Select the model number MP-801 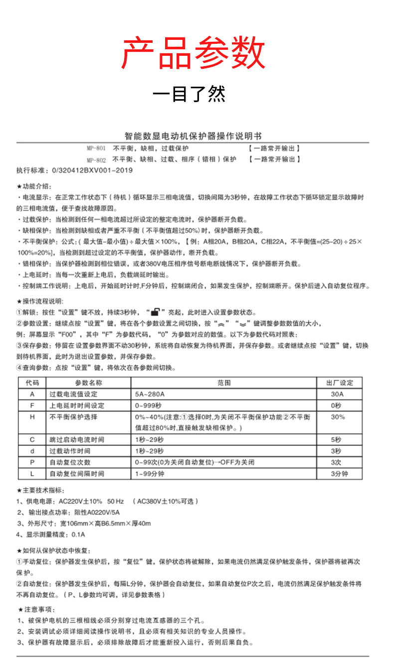click(96, 148)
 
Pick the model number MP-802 click(96, 160)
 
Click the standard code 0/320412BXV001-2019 click(92, 170)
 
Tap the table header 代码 click(32, 383)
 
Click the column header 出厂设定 click(339, 383)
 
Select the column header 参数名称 click(88, 383)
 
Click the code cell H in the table click(32, 417)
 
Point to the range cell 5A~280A click(150, 394)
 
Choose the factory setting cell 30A click(338, 394)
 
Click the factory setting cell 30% click(338, 417)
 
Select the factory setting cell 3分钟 click(339, 474)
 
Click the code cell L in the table click(32, 474)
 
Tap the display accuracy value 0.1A click(79, 534)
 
